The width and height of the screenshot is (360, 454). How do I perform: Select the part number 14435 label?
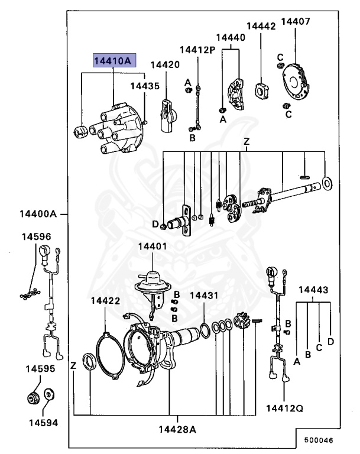click(x=145, y=86)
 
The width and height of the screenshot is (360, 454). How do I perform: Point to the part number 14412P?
click(x=197, y=49)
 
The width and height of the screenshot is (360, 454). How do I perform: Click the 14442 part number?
click(x=261, y=27)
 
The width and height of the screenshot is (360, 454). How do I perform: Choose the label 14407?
click(x=296, y=22)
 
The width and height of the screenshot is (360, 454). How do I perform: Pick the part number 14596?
click(x=37, y=236)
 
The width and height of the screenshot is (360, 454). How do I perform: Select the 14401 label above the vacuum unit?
click(x=153, y=246)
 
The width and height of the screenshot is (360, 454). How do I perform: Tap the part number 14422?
click(x=105, y=300)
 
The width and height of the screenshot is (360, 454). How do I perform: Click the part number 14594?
click(x=40, y=423)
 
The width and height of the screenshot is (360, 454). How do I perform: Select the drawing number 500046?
click(x=318, y=440)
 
